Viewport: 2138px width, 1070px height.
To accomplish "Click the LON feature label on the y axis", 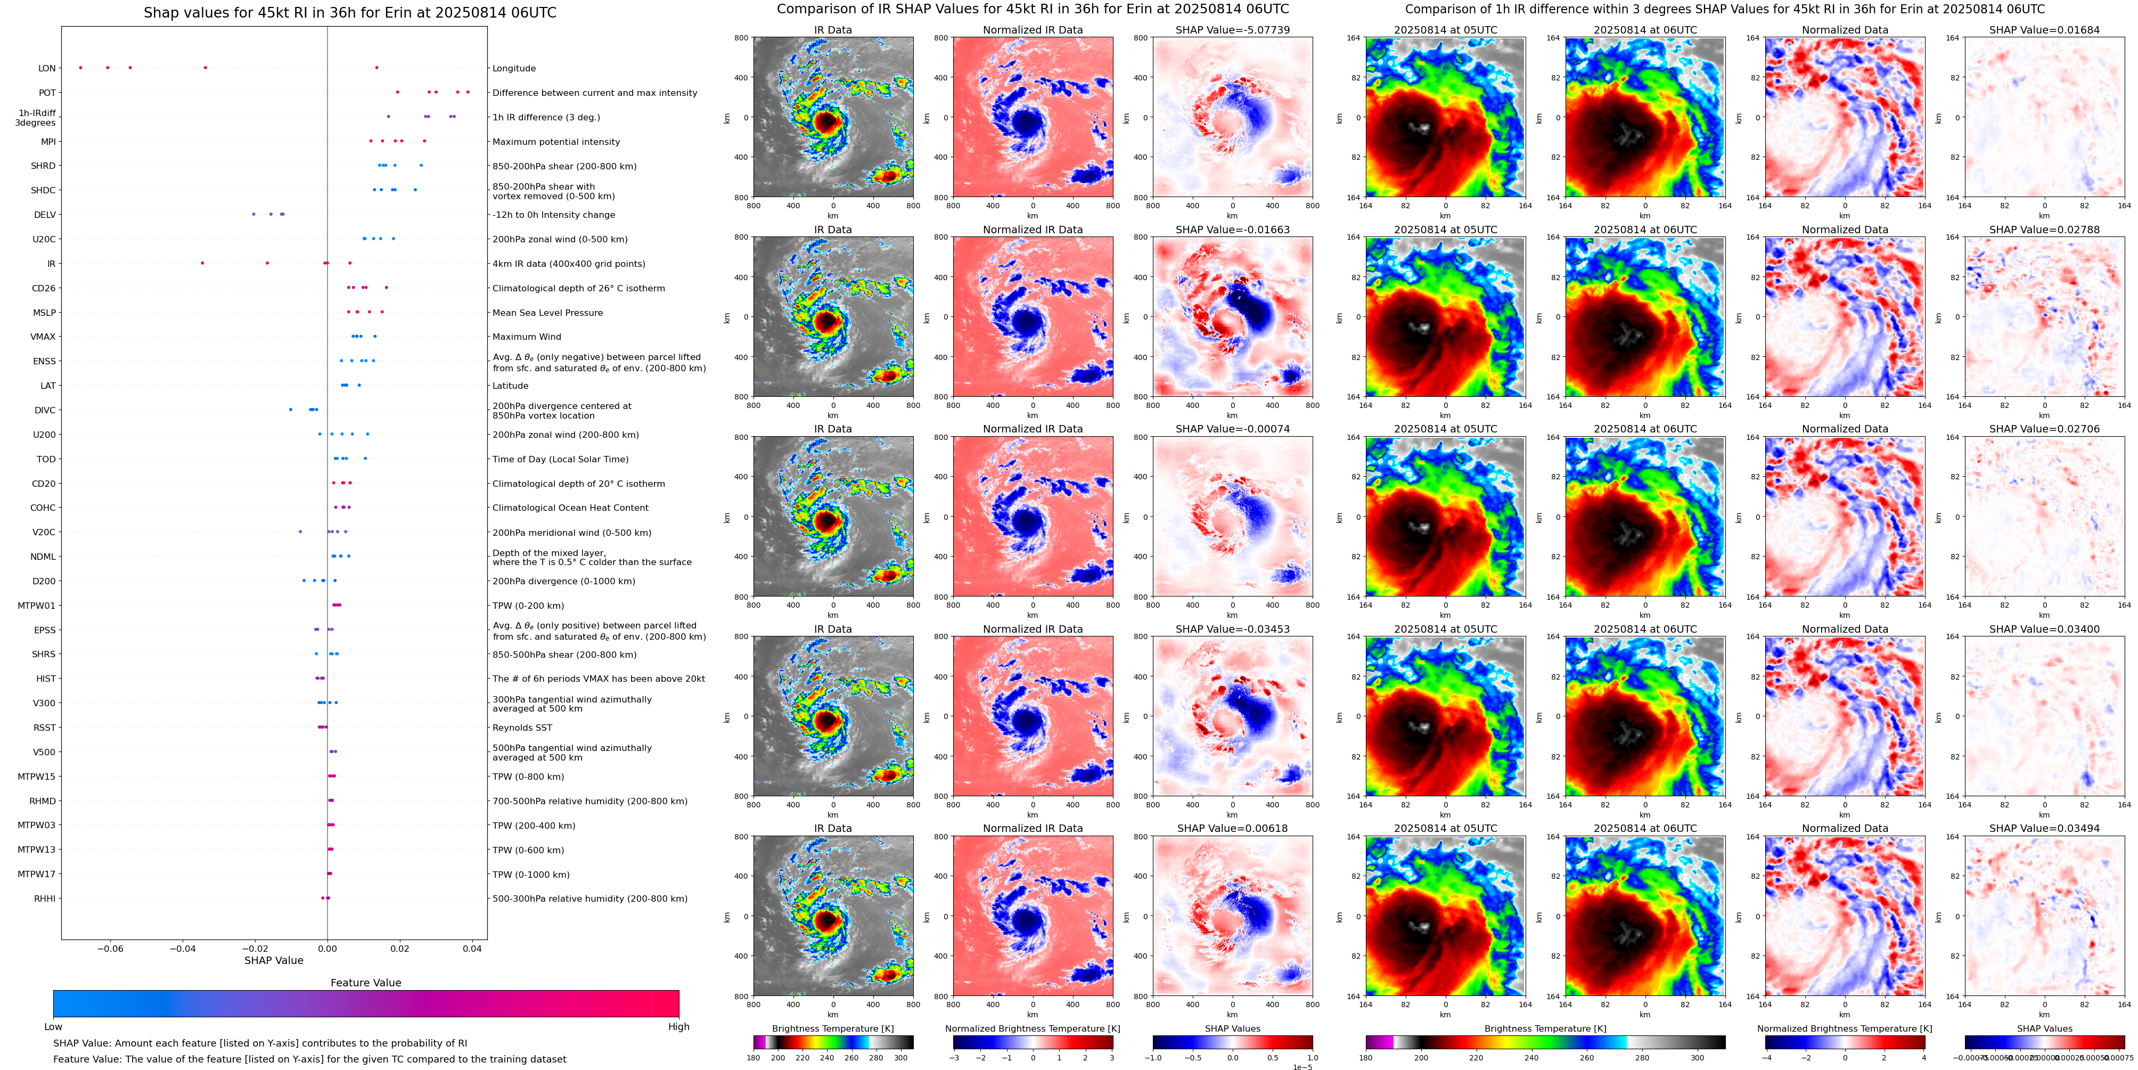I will [47, 69].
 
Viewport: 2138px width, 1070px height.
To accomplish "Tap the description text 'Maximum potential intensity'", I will [556, 142].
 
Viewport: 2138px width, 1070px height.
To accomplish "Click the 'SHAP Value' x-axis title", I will [274, 960].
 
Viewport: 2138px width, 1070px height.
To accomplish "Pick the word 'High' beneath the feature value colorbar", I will [679, 1027].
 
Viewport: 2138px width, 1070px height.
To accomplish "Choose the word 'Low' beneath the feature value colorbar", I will [53, 1027].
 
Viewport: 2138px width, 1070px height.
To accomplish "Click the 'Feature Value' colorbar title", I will [366, 983].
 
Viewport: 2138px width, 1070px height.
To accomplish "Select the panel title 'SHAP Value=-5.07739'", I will [1233, 30].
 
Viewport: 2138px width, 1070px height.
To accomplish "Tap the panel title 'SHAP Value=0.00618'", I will [1233, 828].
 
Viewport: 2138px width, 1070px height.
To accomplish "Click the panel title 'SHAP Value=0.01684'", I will [2044, 30].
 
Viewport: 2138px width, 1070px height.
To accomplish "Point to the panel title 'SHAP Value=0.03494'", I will [2044, 828].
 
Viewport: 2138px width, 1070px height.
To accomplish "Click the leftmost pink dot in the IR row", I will [202, 263].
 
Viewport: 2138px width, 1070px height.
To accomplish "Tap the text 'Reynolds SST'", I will [522, 728].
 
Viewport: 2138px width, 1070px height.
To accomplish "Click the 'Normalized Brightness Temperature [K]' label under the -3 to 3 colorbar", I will [1033, 1028].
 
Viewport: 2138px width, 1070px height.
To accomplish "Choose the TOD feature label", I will [46, 459].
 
